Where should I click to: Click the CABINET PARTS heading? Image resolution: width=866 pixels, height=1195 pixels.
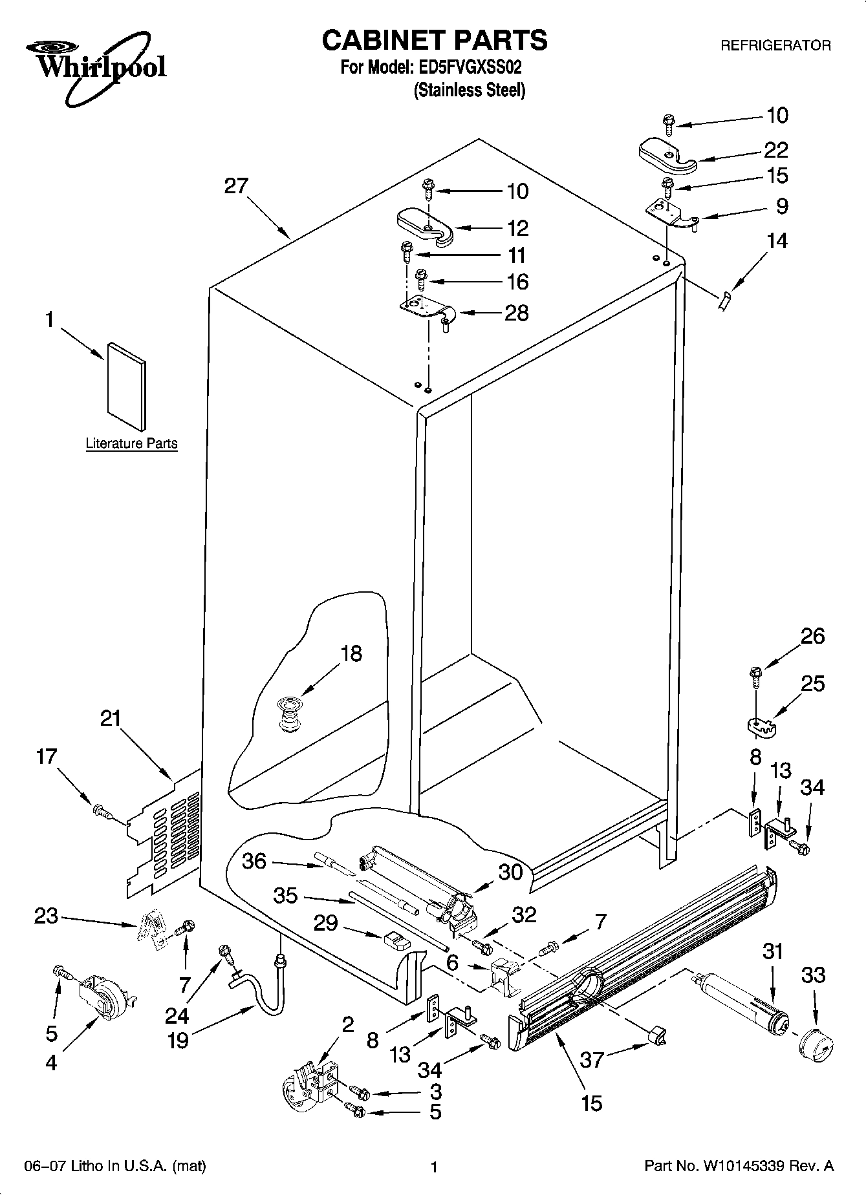coord(434,40)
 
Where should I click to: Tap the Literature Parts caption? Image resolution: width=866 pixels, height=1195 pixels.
coord(131,443)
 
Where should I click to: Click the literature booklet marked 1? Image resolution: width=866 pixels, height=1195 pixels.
coord(127,386)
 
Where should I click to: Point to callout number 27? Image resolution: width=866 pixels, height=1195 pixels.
coord(236,186)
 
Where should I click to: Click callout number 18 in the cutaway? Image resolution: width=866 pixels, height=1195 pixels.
coord(351,653)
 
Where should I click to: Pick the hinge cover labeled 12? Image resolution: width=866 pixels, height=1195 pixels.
coord(425,226)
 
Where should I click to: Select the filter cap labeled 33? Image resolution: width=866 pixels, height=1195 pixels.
coord(816,1043)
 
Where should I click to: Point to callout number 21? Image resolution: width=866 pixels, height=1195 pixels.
coord(111,718)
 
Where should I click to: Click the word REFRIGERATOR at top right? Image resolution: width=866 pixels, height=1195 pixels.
coord(775,46)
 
